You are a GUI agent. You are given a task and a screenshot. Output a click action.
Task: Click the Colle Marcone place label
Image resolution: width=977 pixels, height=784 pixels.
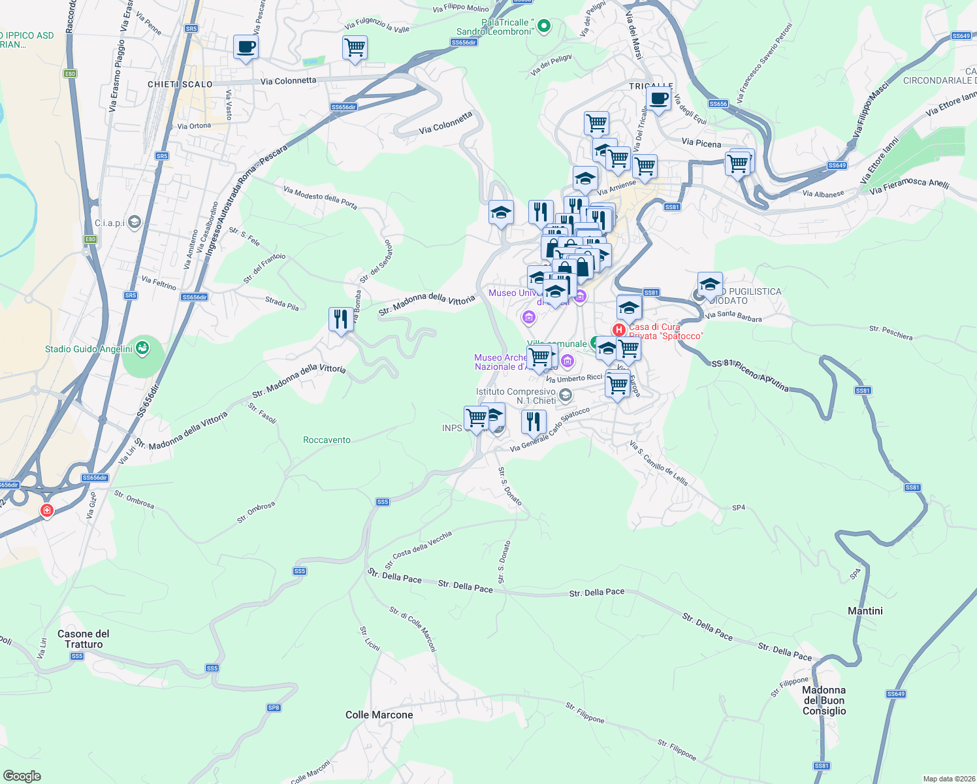(x=379, y=715)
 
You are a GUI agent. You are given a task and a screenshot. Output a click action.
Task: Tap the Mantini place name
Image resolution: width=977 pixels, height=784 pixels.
(x=865, y=611)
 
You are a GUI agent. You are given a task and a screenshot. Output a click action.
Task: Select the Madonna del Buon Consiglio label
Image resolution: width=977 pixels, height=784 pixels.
(x=824, y=700)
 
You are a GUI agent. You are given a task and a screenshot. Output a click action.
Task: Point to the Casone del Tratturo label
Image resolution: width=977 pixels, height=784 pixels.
(x=84, y=639)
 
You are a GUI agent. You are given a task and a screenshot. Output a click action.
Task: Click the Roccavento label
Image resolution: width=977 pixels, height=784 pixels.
(x=327, y=440)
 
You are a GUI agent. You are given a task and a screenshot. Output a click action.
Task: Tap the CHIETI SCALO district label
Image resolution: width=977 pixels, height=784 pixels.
(x=180, y=84)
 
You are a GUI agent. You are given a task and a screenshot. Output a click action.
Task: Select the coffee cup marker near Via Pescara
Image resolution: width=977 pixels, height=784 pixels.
(x=246, y=48)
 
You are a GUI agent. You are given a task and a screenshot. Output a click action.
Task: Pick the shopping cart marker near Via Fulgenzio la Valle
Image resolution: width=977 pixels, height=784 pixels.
(x=355, y=48)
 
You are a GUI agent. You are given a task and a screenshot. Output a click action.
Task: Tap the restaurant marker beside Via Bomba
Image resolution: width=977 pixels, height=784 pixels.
(x=341, y=320)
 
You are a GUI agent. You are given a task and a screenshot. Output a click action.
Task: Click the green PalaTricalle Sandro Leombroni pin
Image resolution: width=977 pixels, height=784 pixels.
(x=543, y=26)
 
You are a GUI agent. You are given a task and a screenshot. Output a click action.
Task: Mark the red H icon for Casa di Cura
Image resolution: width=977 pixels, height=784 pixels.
(x=619, y=330)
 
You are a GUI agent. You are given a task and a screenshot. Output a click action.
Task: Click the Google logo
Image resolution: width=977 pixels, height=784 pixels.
(x=22, y=776)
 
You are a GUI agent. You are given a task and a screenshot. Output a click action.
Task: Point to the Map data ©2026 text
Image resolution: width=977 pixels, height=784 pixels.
(x=946, y=779)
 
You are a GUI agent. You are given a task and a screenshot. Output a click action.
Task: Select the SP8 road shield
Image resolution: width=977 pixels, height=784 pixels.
(x=274, y=708)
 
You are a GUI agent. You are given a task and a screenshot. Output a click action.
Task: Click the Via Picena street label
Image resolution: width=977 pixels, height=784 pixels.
(x=701, y=143)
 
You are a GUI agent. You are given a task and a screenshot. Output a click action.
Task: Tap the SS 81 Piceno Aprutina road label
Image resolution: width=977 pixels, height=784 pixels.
(x=750, y=376)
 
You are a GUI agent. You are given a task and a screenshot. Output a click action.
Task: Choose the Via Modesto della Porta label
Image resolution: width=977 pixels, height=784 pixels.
(x=320, y=197)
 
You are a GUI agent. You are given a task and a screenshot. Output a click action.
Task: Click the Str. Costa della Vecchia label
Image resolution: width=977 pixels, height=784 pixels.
(x=418, y=549)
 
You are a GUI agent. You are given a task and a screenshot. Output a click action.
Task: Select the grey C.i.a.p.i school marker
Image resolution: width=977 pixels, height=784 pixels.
(x=135, y=222)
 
